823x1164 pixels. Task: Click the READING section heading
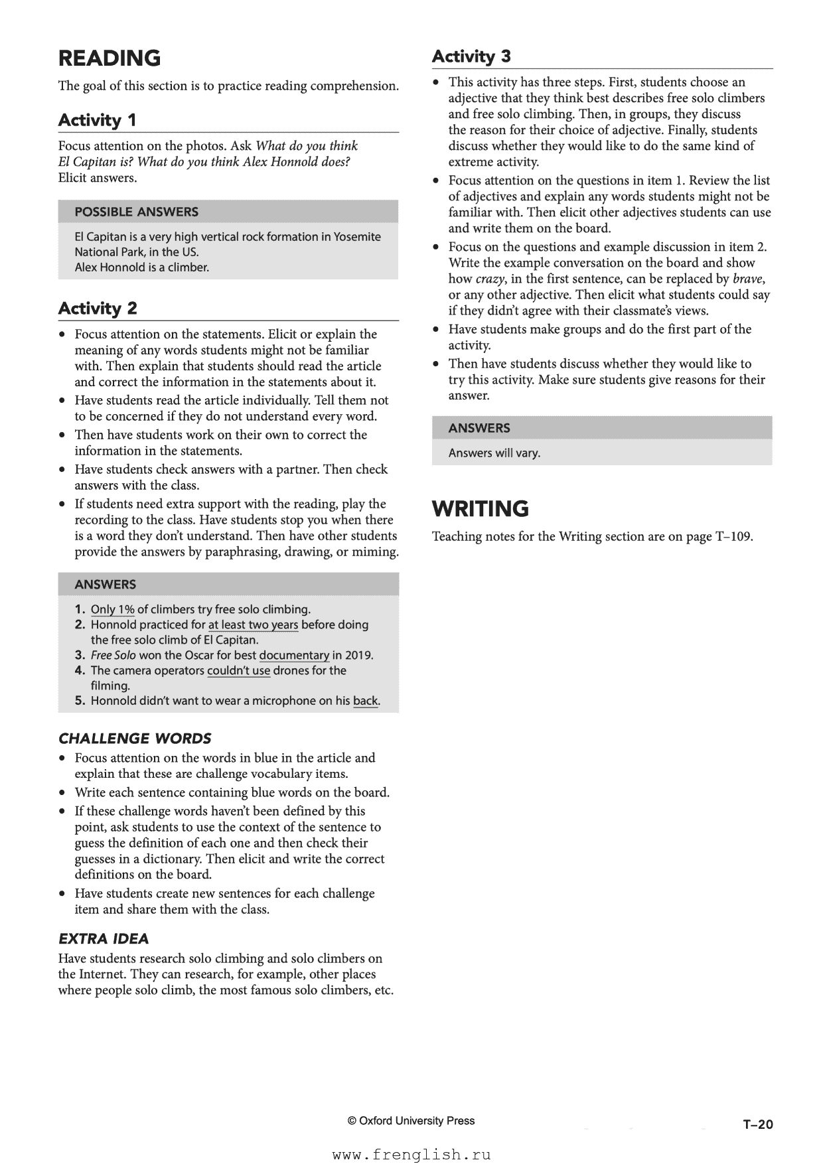pyautogui.click(x=110, y=58)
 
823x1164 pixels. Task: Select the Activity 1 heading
pyautogui.click(x=97, y=120)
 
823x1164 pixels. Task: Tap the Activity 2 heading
pyautogui.click(x=98, y=308)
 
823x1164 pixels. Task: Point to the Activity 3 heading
pyautogui.click(x=471, y=56)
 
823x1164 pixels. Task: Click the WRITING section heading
pyautogui.click(x=481, y=509)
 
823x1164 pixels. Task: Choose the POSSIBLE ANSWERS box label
pyautogui.click(x=136, y=212)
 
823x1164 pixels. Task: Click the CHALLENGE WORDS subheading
pyautogui.click(x=135, y=739)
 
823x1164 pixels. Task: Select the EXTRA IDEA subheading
pyautogui.click(x=104, y=939)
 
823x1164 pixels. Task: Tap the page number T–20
pyautogui.click(x=758, y=1124)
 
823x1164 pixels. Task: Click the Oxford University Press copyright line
pyautogui.click(x=411, y=1121)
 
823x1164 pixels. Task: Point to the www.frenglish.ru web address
pyautogui.click(x=411, y=1155)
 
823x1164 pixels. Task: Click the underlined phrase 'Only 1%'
pyautogui.click(x=113, y=610)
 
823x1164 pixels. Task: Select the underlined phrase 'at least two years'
pyautogui.click(x=253, y=625)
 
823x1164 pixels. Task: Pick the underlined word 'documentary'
pyautogui.click(x=294, y=656)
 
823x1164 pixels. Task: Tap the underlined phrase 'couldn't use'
pyautogui.click(x=238, y=671)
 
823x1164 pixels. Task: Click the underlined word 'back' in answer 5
pyautogui.click(x=365, y=701)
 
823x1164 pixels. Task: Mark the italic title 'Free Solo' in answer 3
pyautogui.click(x=113, y=656)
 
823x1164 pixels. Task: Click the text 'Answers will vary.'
pyautogui.click(x=494, y=453)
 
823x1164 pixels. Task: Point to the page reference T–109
pyautogui.click(x=733, y=537)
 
